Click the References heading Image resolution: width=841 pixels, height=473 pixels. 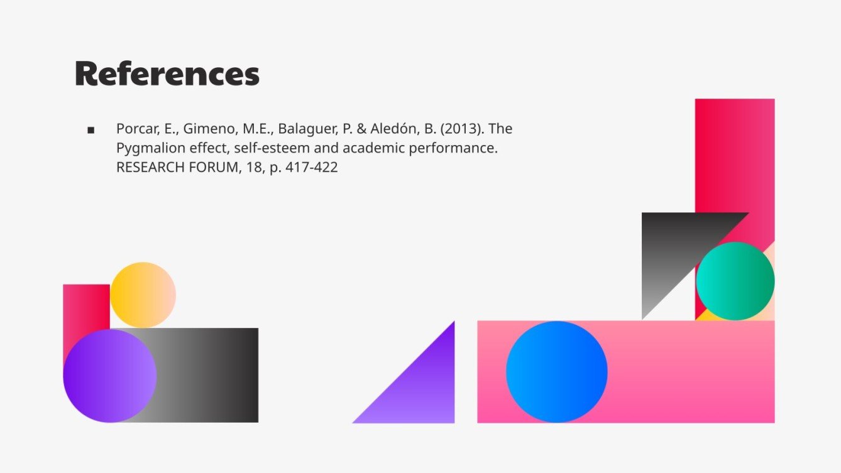tap(167, 74)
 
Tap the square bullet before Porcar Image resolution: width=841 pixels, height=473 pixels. tap(91, 130)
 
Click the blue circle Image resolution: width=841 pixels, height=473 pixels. tap(556, 372)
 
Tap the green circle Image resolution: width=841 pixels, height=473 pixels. tap(735, 281)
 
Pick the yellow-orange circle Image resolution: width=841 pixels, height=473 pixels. tap(143, 295)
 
